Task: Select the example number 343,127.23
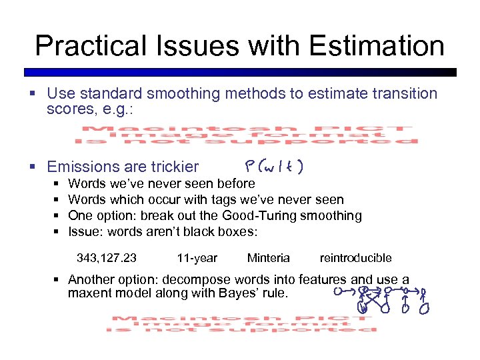pyautogui.click(x=107, y=258)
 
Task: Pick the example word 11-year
pyautogui.click(x=197, y=258)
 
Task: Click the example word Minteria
pyautogui.click(x=268, y=258)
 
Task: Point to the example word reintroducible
pyautogui.click(x=355, y=258)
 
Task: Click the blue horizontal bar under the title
pyautogui.click(x=240, y=72)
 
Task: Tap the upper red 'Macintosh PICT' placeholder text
pyautogui.click(x=247, y=135)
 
